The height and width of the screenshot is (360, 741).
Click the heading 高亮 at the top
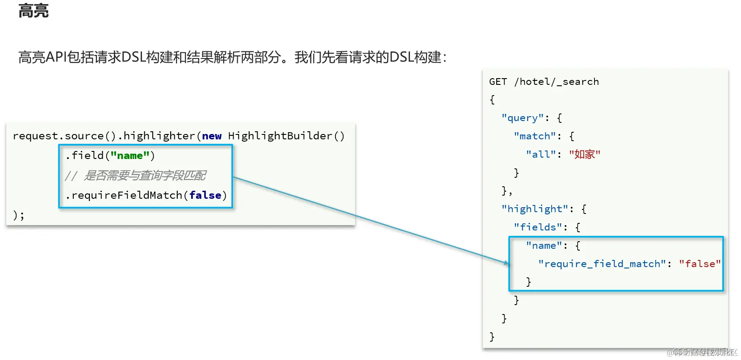pyautogui.click(x=33, y=10)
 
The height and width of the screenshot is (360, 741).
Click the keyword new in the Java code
pyautogui.click(x=212, y=136)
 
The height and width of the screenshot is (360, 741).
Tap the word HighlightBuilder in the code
pyautogui.click(x=280, y=136)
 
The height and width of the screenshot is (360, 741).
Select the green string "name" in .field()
pyautogui.click(x=130, y=155)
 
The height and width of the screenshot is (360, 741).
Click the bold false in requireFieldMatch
pyautogui.click(x=205, y=195)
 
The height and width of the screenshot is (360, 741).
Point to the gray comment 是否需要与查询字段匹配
pyautogui.click(x=145, y=176)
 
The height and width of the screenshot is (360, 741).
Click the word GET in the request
pyautogui.click(x=498, y=82)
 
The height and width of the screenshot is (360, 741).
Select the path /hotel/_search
pyautogui.click(x=556, y=82)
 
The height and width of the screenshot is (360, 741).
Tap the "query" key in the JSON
pyautogui.click(x=522, y=118)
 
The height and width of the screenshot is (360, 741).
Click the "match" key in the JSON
pyautogui.click(x=534, y=136)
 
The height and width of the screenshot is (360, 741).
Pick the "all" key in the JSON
pyautogui.click(x=540, y=155)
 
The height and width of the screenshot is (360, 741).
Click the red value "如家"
pyautogui.click(x=584, y=155)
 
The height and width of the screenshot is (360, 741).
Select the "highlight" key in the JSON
pyautogui.click(x=534, y=209)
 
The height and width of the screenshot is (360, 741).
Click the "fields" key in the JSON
pyautogui.click(x=537, y=227)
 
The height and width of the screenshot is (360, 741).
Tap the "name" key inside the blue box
pyautogui.click(x=544, y=246)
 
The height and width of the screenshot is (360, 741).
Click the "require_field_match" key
pyautogui.click(x=602, y=264)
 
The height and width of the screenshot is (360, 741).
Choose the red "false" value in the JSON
pyautogui.click(x=699, y=264)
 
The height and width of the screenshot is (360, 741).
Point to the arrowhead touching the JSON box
pyautogui.click(x=507, y=263)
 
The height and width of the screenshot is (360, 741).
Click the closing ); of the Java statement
pyautogui.click(x=18, y=215)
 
